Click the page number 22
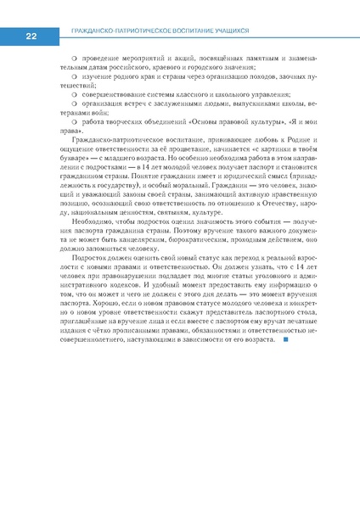point(31,36)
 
